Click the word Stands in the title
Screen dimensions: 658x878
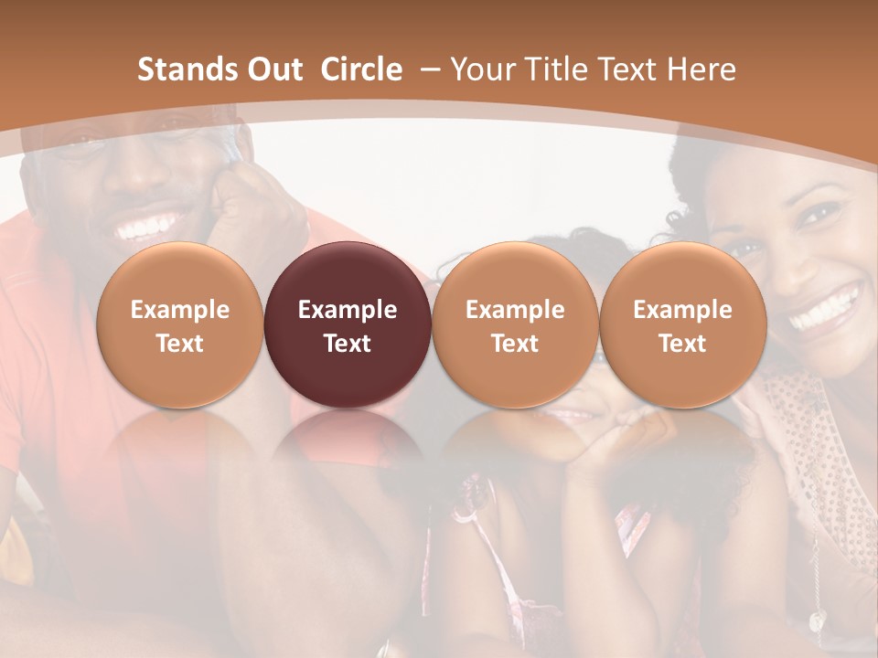177,69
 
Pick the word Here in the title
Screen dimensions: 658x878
702,69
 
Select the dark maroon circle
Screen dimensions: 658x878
348,324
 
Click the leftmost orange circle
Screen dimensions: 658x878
180,324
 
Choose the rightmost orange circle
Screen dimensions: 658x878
682,324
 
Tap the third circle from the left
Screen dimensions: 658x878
515,324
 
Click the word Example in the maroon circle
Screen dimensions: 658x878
348,310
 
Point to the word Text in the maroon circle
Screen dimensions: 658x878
348,344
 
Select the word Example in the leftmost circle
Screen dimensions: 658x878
180,310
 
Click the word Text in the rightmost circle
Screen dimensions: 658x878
682,344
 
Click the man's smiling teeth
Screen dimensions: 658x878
146,226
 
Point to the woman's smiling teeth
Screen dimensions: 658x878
826,308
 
